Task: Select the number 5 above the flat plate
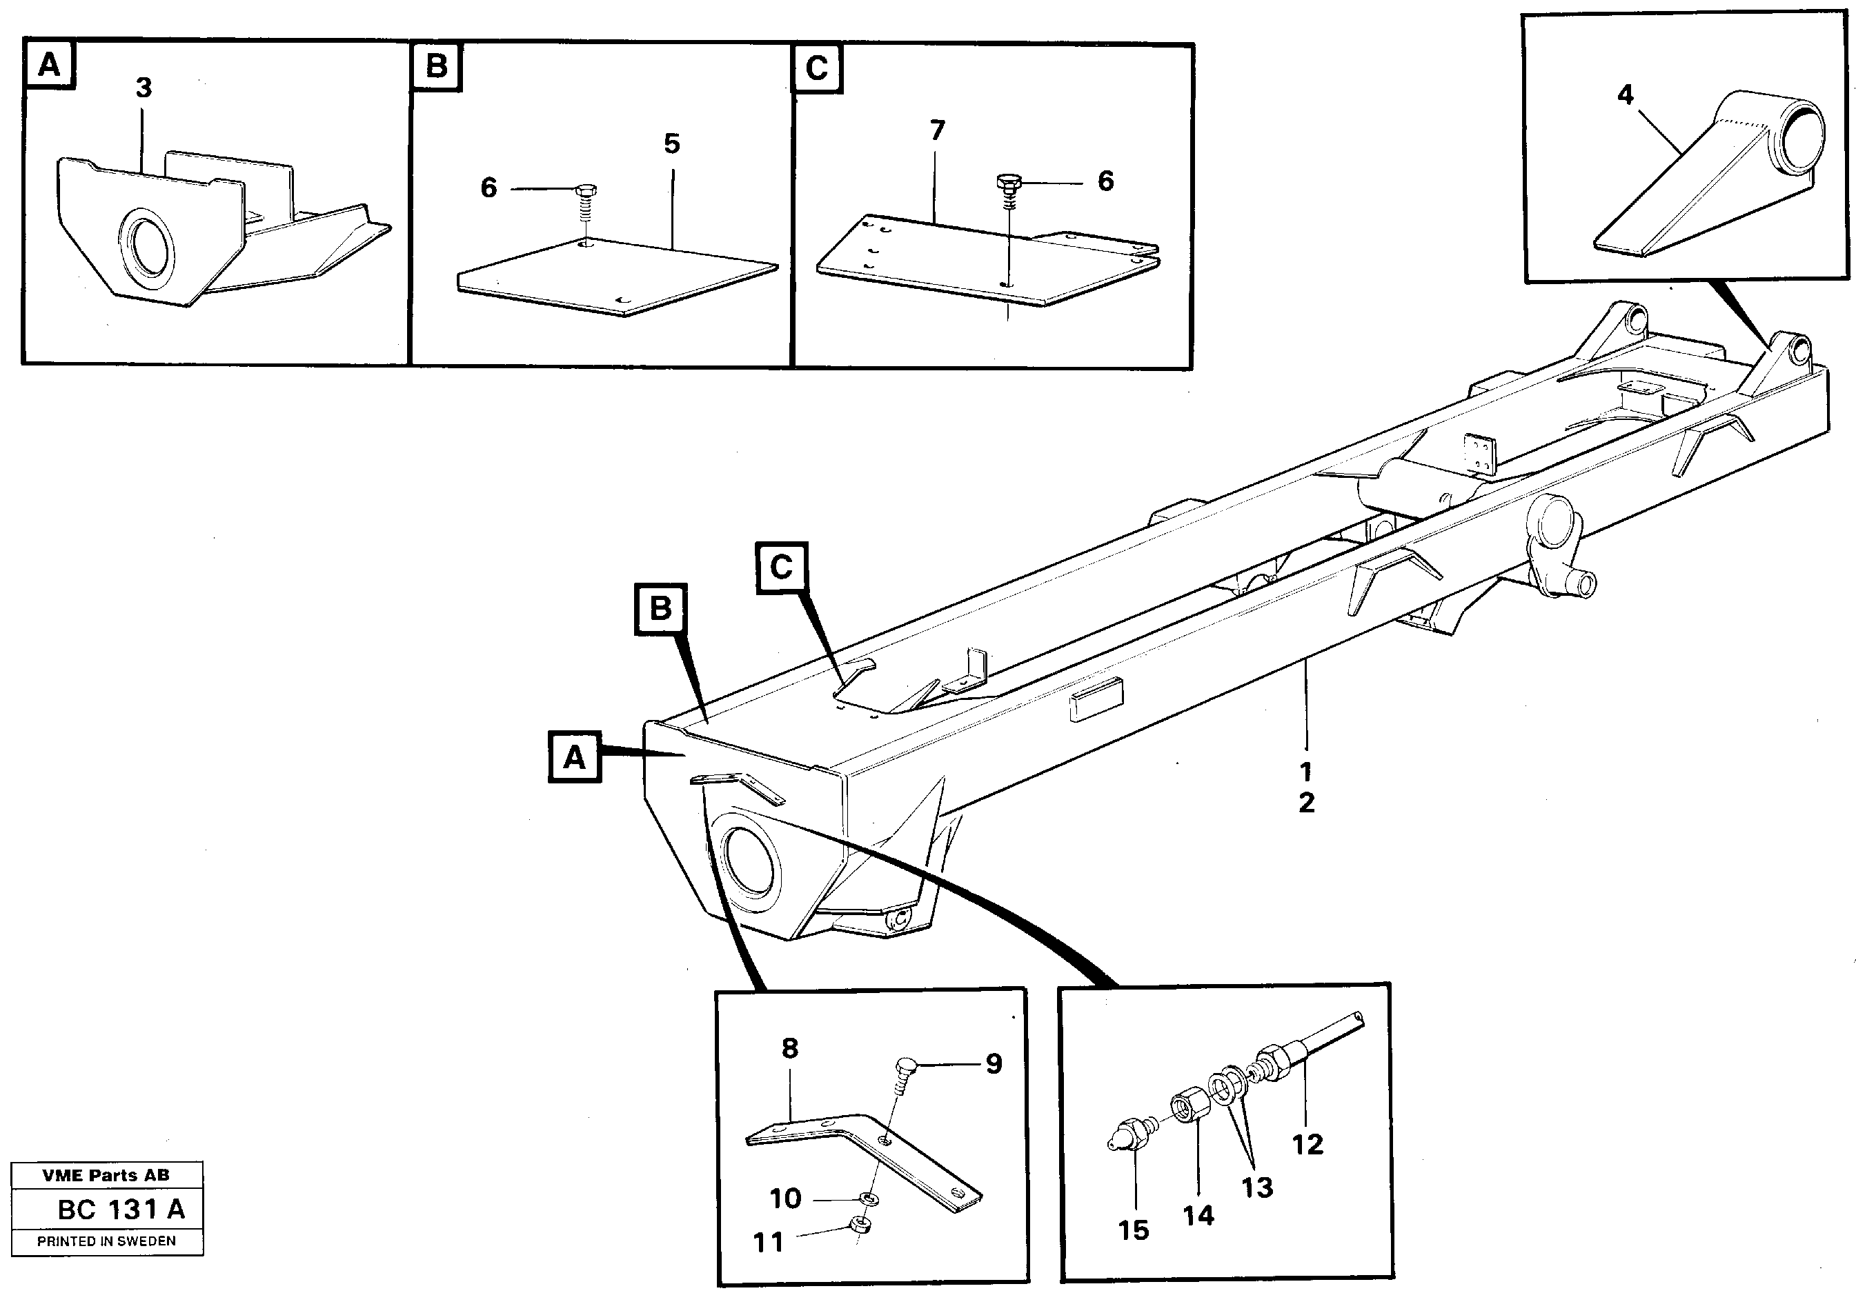coord(672,145)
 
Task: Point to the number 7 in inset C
coord(937,130)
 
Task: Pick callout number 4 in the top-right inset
coord(1625,95)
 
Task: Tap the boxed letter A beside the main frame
coord(574,757)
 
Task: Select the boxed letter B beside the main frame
coord(660,608)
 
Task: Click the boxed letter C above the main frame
coord(781,568)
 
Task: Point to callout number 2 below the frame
coord(1306,803)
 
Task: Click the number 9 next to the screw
coord(994,1063)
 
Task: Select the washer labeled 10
coord(868,1198)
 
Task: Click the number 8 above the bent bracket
coord(790,1048)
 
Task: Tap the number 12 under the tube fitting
coord(1307,1143)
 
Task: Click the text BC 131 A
coord(121,1209)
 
